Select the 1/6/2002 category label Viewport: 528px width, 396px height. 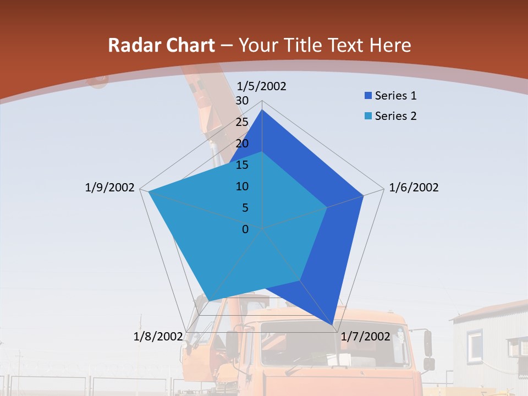414,188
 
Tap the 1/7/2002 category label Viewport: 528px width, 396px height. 365,336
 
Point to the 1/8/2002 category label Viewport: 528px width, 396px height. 158,336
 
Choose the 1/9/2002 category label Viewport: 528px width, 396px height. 110,188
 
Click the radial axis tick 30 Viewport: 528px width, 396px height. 242,101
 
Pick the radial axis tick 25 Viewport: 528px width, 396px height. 242,122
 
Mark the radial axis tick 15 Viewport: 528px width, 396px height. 242,165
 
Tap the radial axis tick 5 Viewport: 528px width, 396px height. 245,208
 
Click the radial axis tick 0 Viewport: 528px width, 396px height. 245,229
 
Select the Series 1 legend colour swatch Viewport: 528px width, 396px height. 368,96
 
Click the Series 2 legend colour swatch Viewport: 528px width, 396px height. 368,116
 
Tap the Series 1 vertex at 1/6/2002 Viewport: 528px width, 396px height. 363,195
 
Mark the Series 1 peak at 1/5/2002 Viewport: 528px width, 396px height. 262,110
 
